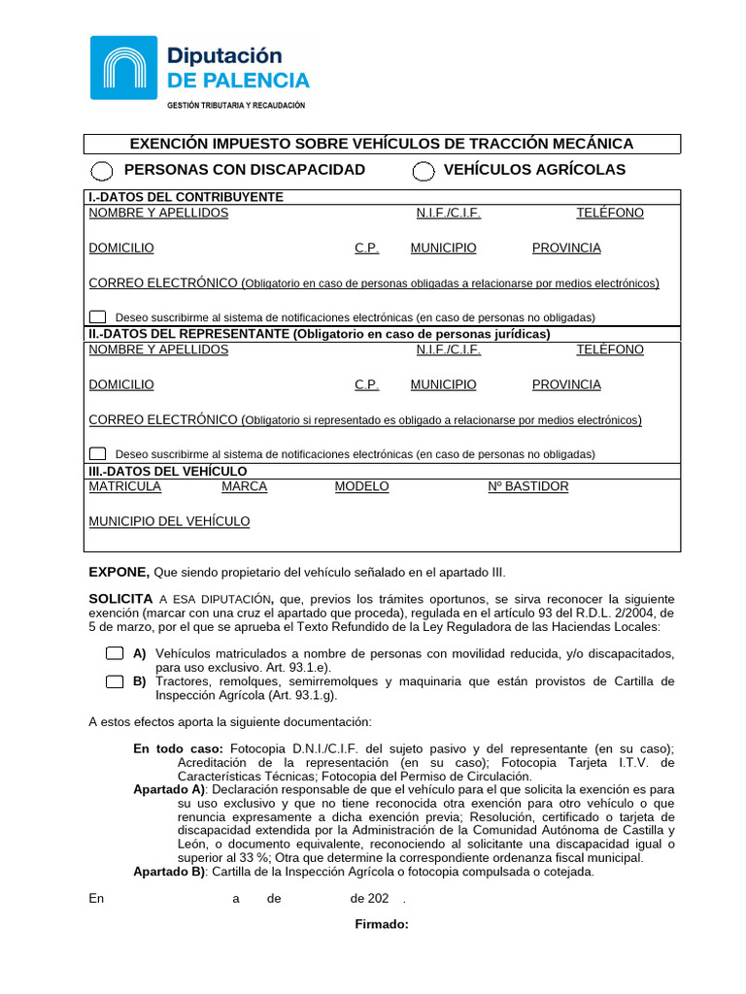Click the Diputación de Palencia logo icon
(x=123, y=67)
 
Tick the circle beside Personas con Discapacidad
(x=100, y=171)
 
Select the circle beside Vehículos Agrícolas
(x=423, y=171)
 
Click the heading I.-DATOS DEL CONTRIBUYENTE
(x=186, y=197)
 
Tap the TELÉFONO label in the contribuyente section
(x=609, y=213)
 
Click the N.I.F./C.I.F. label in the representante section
(x=448, y=349)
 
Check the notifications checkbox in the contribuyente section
(x=98, y=316)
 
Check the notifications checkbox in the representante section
(x=98, y=453)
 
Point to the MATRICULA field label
(x=124, y=486)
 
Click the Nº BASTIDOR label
(x=527, y=486)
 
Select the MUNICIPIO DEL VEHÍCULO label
(x=169, y=521)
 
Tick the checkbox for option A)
(x=114, y=653)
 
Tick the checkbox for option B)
(x=114, y=681)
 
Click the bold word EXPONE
(x=119, y=572)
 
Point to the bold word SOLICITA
(x=120, y=599)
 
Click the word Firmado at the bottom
(x=382, y=923)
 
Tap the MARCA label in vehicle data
(x=244, y=486)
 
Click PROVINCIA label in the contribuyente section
(x=566, y=248)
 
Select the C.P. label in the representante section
(x=366, y=384)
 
